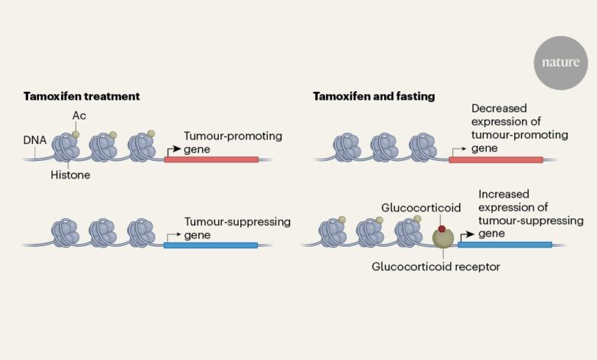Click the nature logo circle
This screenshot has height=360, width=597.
(x=561, y=62)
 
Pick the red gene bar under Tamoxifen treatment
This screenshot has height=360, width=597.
(x=210, y=159)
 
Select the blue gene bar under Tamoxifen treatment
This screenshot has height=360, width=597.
(x=210, y=245)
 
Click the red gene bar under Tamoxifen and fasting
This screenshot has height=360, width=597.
(x=495, y=159)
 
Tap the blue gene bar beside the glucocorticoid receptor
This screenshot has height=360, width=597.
(x=504, y=245)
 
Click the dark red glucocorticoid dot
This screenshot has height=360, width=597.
(x=442, y=229)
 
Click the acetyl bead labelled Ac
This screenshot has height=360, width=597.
(x=75, y=134)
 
